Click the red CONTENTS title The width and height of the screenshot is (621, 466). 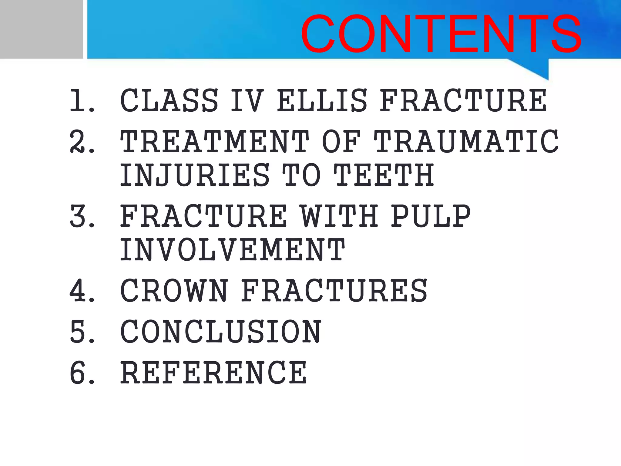pos(441,34)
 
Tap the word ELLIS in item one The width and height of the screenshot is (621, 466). pos(322,100)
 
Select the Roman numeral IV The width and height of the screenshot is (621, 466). pos(247,100)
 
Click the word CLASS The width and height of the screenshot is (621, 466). pos(169,100)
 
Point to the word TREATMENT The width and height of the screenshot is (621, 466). pos(215,141)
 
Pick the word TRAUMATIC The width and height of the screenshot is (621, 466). pos(466,141)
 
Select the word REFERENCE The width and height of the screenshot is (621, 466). pos(213,373)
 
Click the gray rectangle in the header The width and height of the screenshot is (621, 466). pos(41,29)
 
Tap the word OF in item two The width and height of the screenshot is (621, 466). pos(341,141)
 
